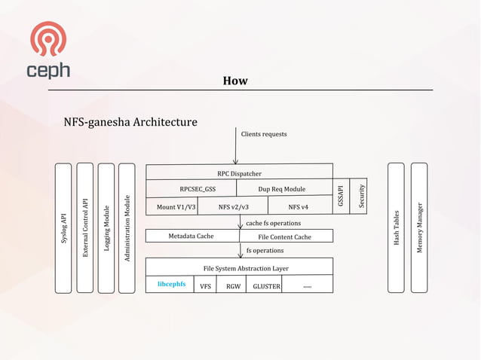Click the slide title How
(x=235, y=81)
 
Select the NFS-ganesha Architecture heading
(x=131, y=121)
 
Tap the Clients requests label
(x=264, y=134)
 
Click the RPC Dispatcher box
(x=239, y=173)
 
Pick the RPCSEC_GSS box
(x=198, y=189)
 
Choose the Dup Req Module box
(x=281, y=189)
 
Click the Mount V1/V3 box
(x=176, y=206)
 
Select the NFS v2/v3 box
(x=233, y=206)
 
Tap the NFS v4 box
(x=299, y=206)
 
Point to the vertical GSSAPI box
(x=341, y=197)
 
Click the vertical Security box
(x=361, y=197)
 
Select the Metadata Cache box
(x=191, y=236)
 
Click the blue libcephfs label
(x=171, y=285)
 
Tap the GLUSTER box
(x=266, y=286)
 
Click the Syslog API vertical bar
(x=64, y=227)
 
